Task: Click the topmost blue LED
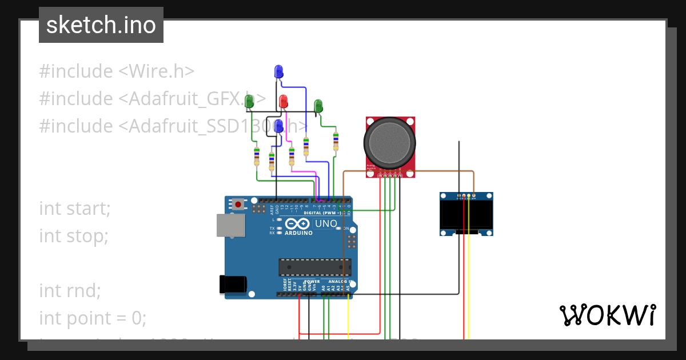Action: [278, 71]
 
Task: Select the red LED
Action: [283, 102]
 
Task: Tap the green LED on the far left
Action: [249, 102]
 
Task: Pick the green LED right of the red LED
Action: [318, 106]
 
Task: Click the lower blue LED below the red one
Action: [279, 126]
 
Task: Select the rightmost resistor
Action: [336, 141]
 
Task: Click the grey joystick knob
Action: [390, 142]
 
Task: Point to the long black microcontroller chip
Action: [314, 267]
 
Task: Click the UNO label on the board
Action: [326, 223]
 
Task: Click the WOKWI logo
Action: [607, 315]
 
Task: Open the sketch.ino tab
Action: [101, 25]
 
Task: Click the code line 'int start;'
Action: [75, 209]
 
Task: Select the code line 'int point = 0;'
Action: [93, 318]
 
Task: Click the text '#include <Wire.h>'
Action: [117, 71]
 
